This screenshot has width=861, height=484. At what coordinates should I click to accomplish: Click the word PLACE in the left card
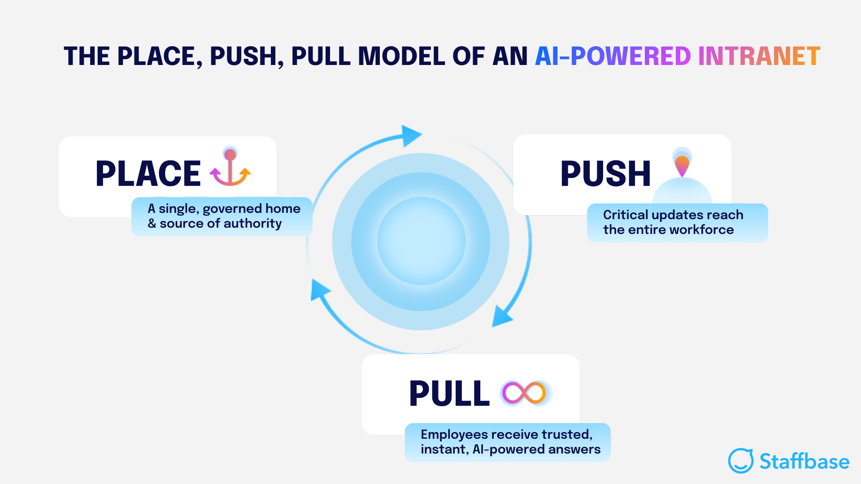(x=148, y=173)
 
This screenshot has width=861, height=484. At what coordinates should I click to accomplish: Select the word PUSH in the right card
(x=605, y=174)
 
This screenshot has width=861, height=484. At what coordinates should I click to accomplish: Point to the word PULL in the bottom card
(x=449, y=393)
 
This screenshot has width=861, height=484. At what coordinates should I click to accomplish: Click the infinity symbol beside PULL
(x=524, y=393)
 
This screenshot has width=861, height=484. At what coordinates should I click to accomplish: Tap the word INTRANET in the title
(x=759, y=56)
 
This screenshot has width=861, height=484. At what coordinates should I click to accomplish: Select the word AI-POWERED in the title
(x=613, y=56)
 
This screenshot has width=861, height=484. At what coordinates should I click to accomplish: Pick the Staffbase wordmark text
(x=804, y=461)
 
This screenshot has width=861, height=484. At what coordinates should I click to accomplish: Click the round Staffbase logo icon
(x=740, y=461)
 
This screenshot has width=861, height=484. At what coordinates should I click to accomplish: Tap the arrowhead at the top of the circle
(x=410, y=135)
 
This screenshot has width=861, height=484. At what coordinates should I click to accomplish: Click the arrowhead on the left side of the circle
(x=319, y=290)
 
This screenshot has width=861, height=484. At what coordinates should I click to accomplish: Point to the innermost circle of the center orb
(x=421, y=241)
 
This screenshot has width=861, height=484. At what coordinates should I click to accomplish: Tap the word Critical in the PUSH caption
(x=625, y=215)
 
